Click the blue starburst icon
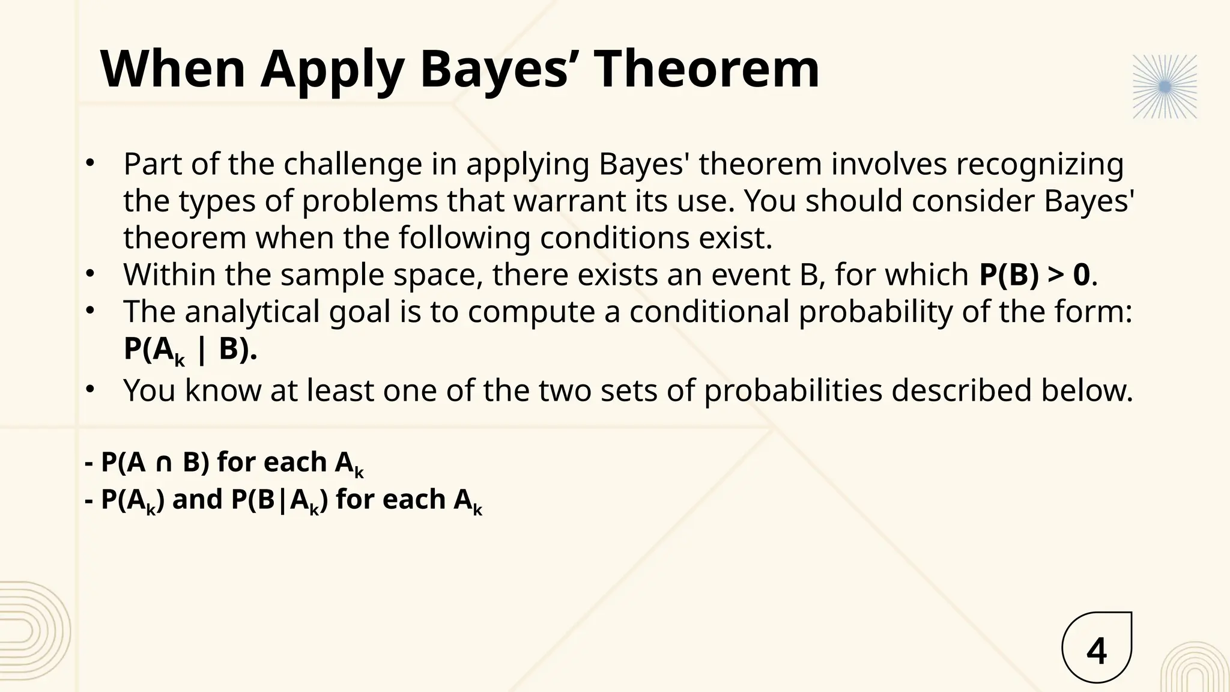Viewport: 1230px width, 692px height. pyautogui.click(x=1165, y=87)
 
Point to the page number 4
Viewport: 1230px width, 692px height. pyautogui.click(x=1097, y=652)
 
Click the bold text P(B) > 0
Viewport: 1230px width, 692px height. pyautogui.click(x=1034, y=275)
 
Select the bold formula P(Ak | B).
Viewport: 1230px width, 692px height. pyautogui.click(x=190, y=349)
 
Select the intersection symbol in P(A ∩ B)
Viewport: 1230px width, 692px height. pyautogui.click(x=164, y=463)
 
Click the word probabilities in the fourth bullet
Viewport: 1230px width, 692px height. pyautogui.click(x=793, y=390)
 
